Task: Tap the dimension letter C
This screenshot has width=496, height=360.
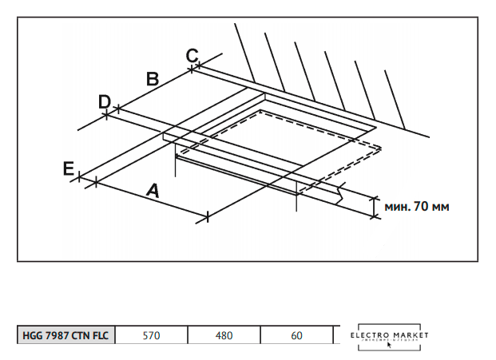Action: (192, 55)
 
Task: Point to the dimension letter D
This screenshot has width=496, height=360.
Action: (105, 101)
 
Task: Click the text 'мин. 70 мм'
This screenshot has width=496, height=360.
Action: (416, 206)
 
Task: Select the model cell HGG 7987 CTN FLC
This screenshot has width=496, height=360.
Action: (66, 335)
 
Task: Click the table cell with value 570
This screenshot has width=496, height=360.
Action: (151, 335)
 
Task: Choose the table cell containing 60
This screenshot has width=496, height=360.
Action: (296, 335)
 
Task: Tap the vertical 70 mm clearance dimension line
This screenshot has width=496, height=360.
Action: (374, 205)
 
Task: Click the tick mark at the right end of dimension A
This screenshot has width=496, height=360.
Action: (207, 216)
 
